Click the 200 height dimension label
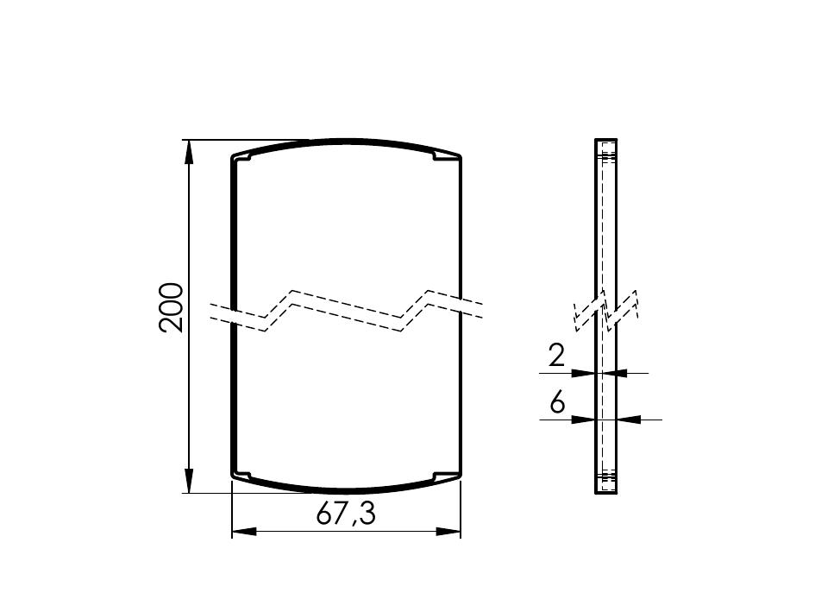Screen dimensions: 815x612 tap(171, 307)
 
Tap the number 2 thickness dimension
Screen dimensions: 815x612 tap(556, 356)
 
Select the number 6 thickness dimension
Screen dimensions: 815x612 tap(557, 402)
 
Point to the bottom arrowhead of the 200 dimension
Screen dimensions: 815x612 tap(189, 480)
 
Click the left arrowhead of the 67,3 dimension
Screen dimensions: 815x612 tap(244, 532)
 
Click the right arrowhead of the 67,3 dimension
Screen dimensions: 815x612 tap(448, 532)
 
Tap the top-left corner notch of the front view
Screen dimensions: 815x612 tap(242, 156)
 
